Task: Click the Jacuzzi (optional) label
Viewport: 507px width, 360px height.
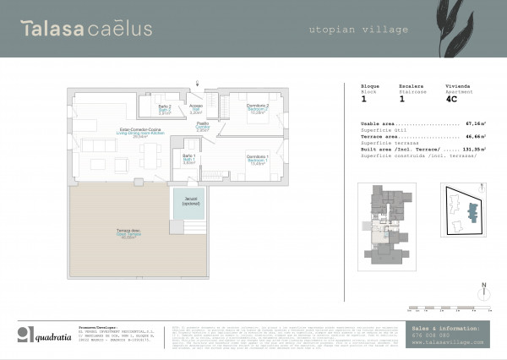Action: pos(191,202)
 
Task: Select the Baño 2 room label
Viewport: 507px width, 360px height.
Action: pos(165,108)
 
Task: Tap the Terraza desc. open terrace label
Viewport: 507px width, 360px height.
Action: pos(128,236)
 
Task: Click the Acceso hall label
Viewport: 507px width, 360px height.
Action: pos(196,108)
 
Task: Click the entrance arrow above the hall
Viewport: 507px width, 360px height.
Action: pos(197,83)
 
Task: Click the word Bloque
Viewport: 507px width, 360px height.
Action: pos(370,85)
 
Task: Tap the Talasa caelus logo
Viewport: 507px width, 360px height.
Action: pos(87,30)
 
